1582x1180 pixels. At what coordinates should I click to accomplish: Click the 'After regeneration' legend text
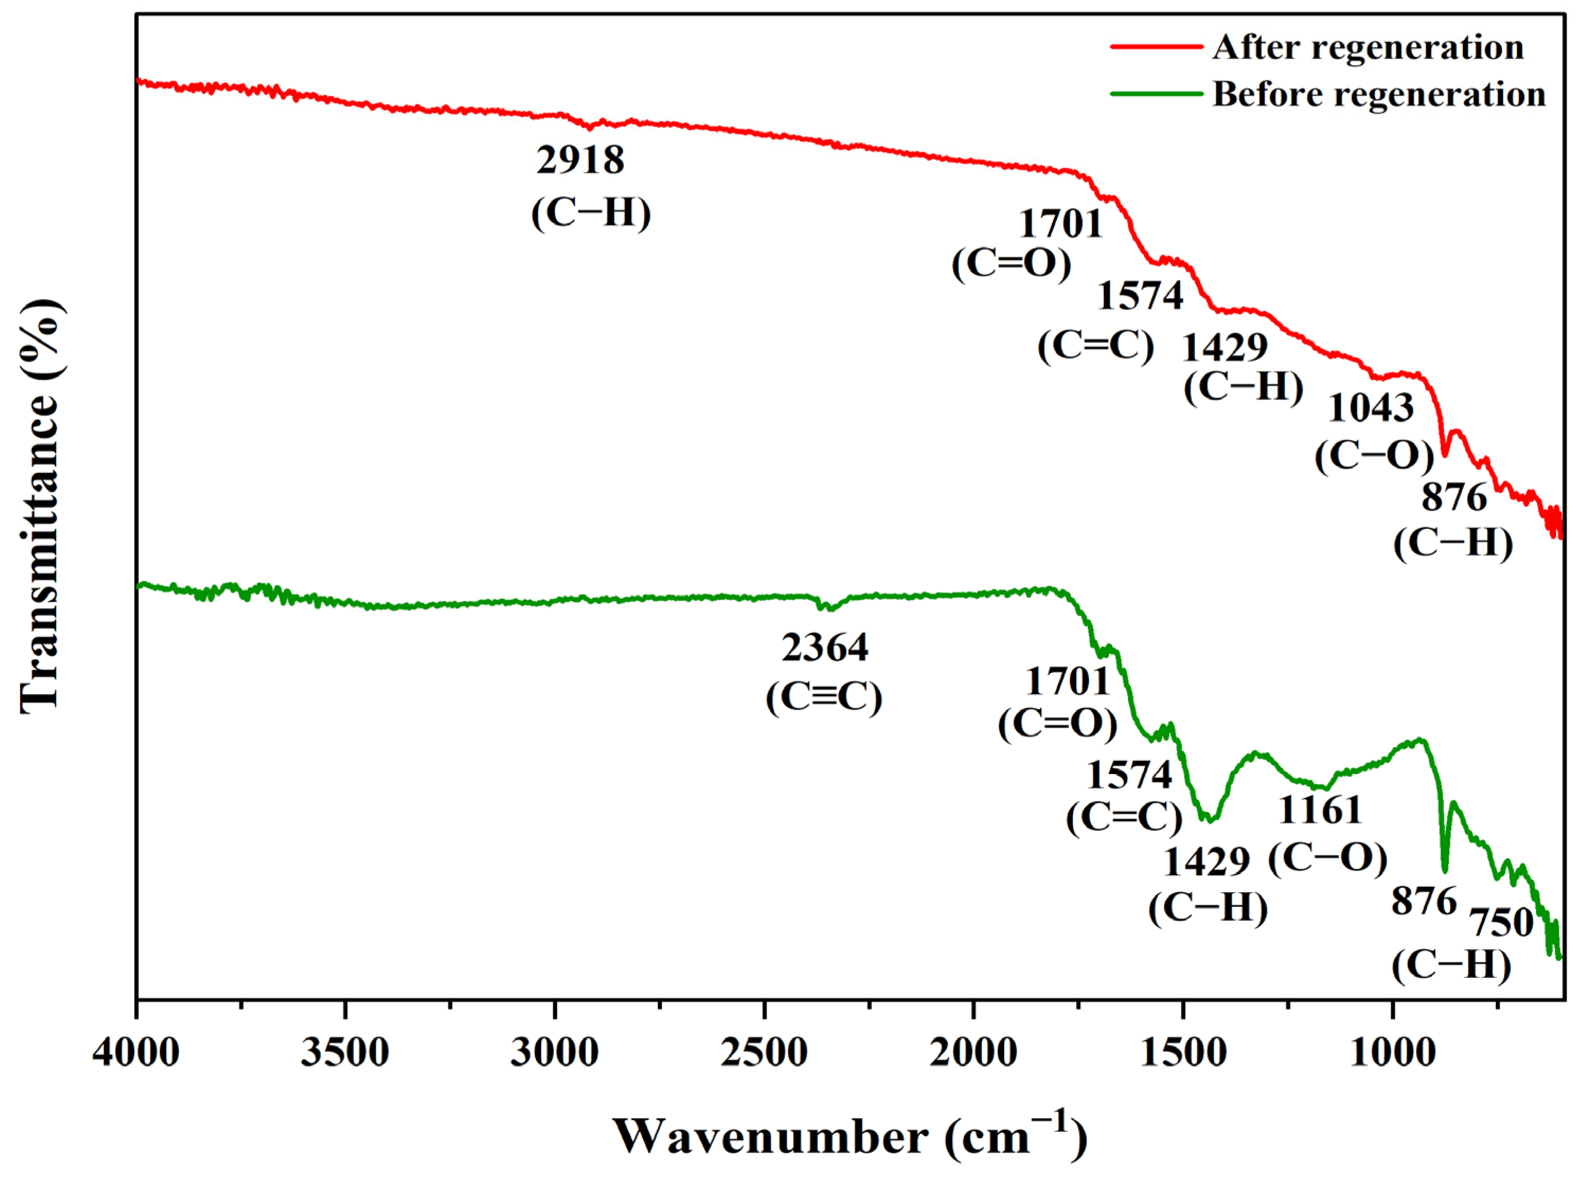tap(1368, 47)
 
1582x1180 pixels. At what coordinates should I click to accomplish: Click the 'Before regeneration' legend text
tap(1378, 94)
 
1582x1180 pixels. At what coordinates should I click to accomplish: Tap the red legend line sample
tap(1156, 47)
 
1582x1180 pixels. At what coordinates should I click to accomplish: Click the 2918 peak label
tap(580, 160)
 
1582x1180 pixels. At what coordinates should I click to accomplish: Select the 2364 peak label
tap(824, 648)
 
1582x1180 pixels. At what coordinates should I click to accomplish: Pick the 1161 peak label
tap(1320, 810)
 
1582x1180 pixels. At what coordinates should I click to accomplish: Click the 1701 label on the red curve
tap(1061, 224)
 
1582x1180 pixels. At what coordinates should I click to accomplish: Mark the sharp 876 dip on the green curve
tap(1444, 870)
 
